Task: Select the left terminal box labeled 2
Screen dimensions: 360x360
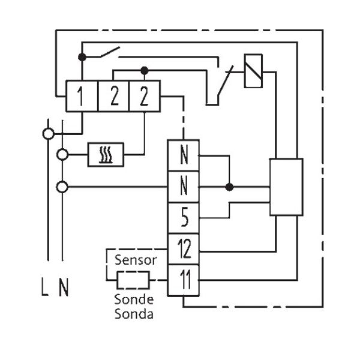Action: [113, 96]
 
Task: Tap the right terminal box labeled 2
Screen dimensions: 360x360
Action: [144, 96]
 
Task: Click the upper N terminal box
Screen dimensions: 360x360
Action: [183, 155]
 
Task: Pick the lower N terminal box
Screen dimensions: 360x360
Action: [183, 187]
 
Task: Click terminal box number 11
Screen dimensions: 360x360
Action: [183, 280]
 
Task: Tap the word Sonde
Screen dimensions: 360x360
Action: [134, 300]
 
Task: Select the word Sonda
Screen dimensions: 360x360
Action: [134, 313]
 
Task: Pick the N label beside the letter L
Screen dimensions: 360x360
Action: [64, 289]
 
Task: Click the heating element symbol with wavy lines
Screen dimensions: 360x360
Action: [106, 155]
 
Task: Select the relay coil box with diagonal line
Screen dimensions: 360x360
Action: [253, 71]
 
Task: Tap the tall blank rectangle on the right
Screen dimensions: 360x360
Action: [286, 187]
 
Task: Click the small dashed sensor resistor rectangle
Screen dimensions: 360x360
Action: [133, 280]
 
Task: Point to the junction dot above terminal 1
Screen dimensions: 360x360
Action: [82, 57]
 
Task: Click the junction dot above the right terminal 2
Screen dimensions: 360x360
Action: [144, 70]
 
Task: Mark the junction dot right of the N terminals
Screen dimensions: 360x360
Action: [229, 187]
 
